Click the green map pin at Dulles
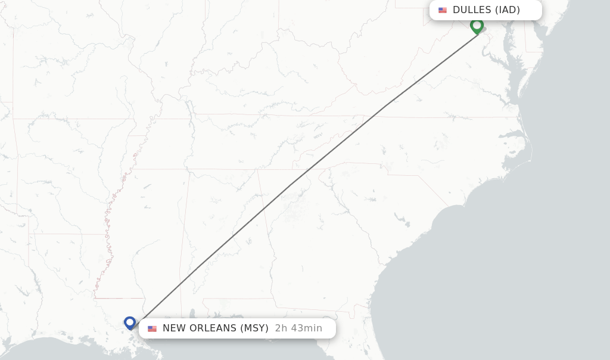tap(477, 25)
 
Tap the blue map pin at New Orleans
tap(130, 322)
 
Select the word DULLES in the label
tap(472, 10)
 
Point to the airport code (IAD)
tap(508, 10)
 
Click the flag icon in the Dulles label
tap(443, 10)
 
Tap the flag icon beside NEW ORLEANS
tap(152, 328)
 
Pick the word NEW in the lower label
tap(174, 328)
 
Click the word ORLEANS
tap(213, 328)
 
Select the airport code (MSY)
tap(254, 328)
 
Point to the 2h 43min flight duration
tap(298, 328)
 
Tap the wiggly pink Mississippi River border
tap(109, 221)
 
